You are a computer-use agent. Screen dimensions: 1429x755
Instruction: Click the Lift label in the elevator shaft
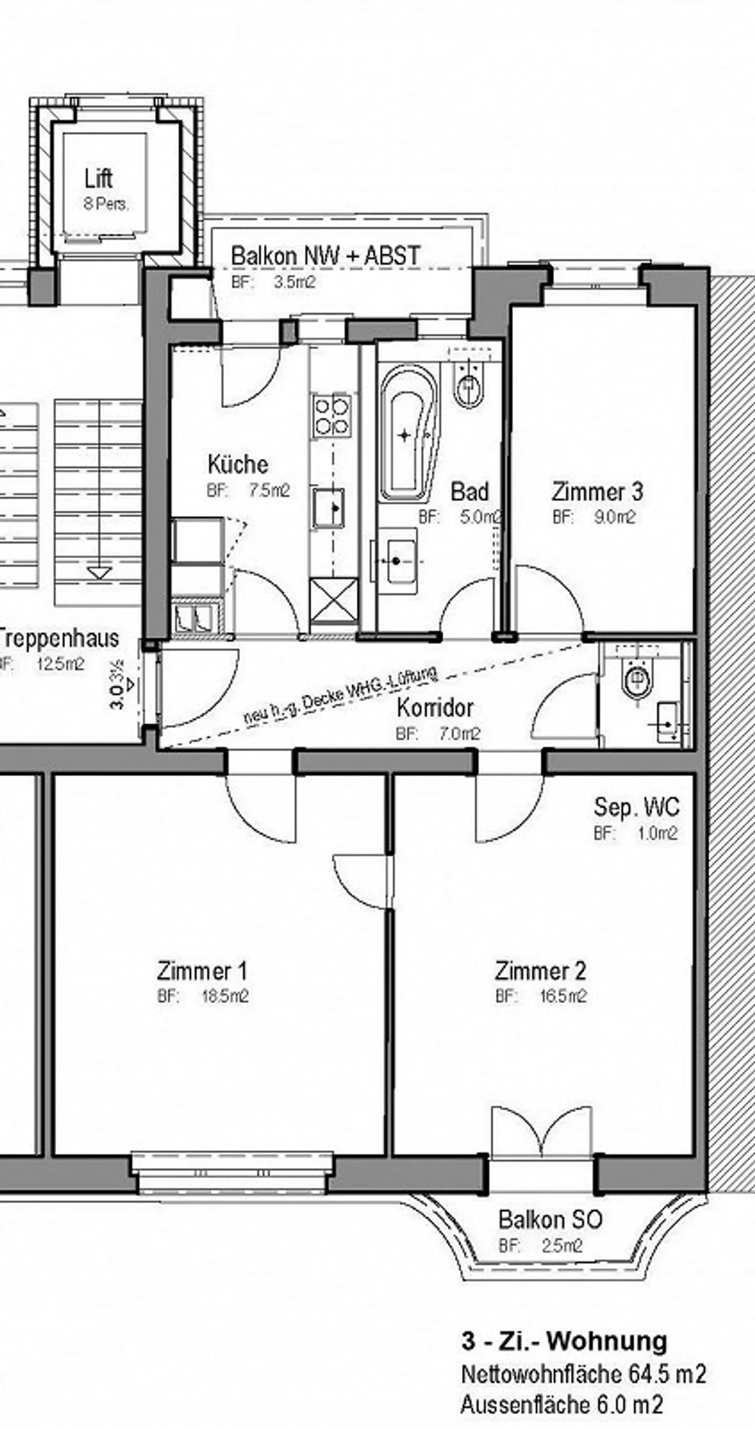[x=99, y=178]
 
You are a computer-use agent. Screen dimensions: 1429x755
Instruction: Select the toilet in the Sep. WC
[x=636, y=680]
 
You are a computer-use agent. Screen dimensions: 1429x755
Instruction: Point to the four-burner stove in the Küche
[x=332, y=416]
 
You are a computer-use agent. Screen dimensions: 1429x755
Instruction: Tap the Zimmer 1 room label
[x=202, y=971]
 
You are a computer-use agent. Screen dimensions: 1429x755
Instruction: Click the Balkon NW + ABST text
[x=326, y=256]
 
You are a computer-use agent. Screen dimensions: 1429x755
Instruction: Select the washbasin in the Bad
[x=396, y=562]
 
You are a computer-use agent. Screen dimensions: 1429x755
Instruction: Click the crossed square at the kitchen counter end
[x=333, y=600]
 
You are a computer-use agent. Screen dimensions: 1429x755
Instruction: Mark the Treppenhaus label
[x=58, y=638]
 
